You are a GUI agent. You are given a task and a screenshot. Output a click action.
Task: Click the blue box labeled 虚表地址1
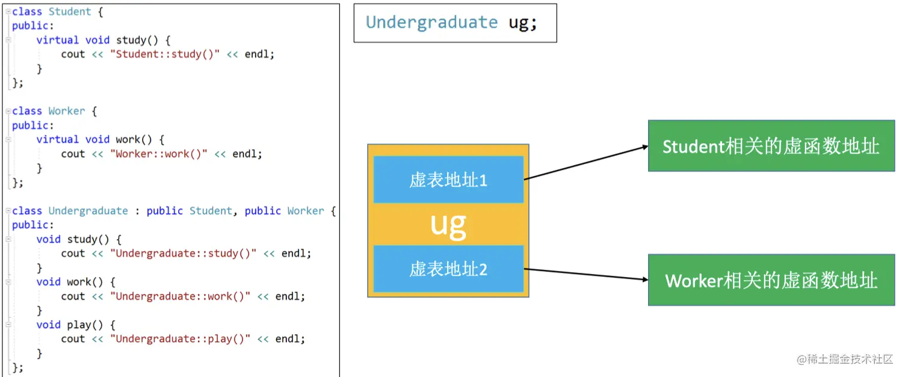[448, 179]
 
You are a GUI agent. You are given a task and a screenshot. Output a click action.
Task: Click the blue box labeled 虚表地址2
[448, 269]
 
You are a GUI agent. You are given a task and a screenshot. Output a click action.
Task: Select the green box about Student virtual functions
[771, 146]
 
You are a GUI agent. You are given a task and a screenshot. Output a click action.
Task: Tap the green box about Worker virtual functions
[771, 280]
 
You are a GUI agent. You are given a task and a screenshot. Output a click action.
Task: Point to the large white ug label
[448, 224]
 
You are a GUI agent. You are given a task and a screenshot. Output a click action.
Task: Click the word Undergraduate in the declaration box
[431, 22]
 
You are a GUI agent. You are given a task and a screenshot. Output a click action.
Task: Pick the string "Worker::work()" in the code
[159, 154]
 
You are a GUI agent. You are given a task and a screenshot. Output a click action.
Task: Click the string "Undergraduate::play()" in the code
[180, 338]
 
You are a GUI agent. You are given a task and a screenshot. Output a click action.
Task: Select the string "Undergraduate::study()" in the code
[183, 254]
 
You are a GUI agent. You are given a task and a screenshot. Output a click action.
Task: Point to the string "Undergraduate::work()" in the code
[180, 296]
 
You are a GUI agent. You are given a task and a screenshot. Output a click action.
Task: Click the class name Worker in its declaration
[67, 111]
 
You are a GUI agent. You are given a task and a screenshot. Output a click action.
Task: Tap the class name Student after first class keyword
[70, 11]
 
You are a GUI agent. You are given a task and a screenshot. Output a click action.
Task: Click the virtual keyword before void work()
[57, 139]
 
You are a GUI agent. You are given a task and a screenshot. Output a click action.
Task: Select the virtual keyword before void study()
[57, 40]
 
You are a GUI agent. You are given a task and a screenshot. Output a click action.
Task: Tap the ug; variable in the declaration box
[522, 22]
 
